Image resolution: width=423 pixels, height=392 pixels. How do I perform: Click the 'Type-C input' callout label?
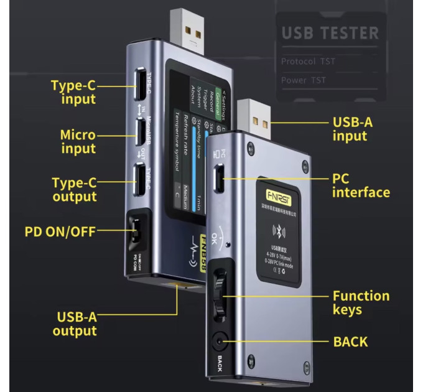(x=73, y=92)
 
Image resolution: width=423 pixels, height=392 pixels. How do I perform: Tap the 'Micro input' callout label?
(x=78, y=142)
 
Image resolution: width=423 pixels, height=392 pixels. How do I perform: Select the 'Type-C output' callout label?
(x=74, y=190)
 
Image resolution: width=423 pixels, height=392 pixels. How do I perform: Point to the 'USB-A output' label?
(x=75, y=324)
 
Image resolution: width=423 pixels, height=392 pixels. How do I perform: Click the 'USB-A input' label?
(x=352, y=129)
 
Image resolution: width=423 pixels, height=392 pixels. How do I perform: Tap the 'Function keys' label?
(x=361, y=302)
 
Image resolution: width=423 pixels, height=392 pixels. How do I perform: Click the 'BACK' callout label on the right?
(x=350, y=342)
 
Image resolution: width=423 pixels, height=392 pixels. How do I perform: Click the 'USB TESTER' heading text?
(x=330, y=33)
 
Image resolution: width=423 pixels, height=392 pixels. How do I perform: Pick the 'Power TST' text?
(x=304, y=80)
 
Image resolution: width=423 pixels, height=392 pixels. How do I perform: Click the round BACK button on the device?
(x=218, y=341)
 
